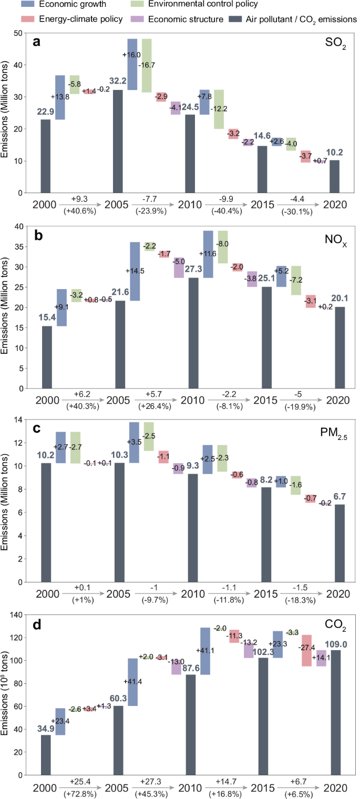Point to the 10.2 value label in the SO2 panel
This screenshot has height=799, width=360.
point(334,153)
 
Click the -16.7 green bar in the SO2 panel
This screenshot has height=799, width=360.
point(147,65)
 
